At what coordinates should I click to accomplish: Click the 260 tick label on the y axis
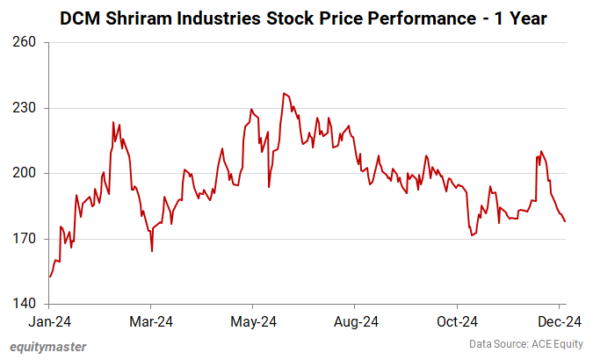coord(25,42)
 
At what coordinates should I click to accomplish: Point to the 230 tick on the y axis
coord(25,108)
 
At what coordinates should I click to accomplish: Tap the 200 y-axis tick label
coord(25,173)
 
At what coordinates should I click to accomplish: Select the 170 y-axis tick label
coord(25,239)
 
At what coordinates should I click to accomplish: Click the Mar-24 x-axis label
coord(150,321)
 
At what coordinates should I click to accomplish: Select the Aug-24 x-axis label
coord(357,321)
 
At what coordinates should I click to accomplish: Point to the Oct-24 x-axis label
coord(459,321)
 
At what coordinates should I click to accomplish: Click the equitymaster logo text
coord(48,347)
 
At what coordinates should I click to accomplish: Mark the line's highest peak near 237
coord(284,93)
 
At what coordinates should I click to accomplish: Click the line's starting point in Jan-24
coord(50,277)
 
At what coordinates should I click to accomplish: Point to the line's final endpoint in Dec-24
coord(565,221)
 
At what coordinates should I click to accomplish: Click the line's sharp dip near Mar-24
coord(152,251)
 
